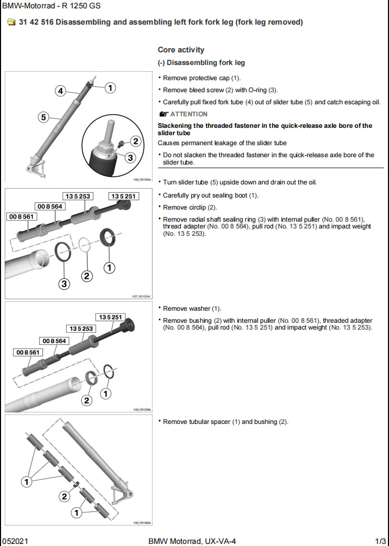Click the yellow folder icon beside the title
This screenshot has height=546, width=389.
click(x=11, y=23)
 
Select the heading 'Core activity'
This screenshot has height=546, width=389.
click(x=181, y=50)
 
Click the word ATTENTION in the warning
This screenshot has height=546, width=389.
click(x=189, y=114)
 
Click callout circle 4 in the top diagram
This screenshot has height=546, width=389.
click(x=61, y=91)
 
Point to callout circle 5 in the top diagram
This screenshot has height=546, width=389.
click(x=44, y=117)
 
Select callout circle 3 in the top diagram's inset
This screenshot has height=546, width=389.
click(x=130, y=157)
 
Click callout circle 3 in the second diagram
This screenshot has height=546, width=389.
click(x=64, y=283)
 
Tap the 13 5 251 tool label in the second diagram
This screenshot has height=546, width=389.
click(x=122, y=196)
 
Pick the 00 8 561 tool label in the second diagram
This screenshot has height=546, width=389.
click(x=21, y=216)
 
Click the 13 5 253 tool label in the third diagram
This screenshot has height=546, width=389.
click(x=80, y=329)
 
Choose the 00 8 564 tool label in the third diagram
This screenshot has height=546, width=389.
click(x=55, y=341)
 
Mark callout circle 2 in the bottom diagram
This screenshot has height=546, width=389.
click(x=64, y=496)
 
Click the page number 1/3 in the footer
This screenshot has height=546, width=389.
click(x=380, y=541)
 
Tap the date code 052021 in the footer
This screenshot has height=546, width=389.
click(x=14, y=541)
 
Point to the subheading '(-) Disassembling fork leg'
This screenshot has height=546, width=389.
click(x=201, y=63)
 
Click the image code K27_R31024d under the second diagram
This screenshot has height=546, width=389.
click(x=141, y=297)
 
